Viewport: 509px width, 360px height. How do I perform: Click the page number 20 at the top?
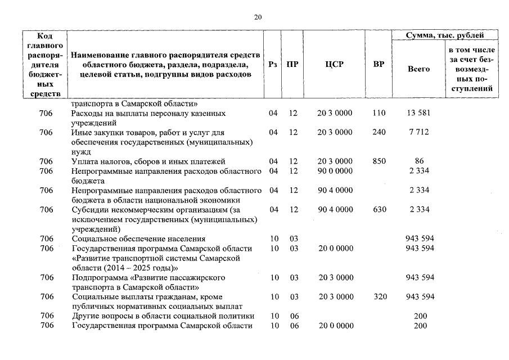pyautogui.click(x=258, y=17)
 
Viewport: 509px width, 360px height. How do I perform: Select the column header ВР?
pyautogui.click(x=379, y=64)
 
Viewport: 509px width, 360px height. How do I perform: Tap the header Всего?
pyautogui.click(x=418, y=69)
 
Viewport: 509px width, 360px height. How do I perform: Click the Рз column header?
pyautogui.click(x=273, y=64)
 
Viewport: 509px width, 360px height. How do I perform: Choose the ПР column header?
pyautogui.click(x=292, y=64)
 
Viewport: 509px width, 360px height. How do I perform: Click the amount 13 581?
pyautogui.click(x=418, y=113)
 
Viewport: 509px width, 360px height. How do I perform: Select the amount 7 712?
pyautogui.click(x=418, y=132)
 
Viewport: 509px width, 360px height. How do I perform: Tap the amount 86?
pyautogui.click(x=418, y=161)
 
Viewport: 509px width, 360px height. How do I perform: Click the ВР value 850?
pyautogui.click(x=379, y=161)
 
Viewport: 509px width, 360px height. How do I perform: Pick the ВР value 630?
pyautogui.click(x=379, y=210)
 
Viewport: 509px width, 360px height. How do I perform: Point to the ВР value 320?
pyautogui.click(x=379, y=296)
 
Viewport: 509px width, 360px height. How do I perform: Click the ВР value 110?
pyautogui.click(x=379, y=113)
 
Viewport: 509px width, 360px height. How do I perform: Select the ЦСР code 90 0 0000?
pyautogui.click(x=335, y=171)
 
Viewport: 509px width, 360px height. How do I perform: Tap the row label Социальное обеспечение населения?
pyautogui.click(x=139, y=238)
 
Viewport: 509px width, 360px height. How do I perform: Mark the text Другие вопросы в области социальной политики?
pyautogui.click(x=163, y=316)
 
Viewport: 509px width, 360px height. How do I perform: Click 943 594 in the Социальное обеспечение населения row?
pyautogui.click(x=420, y=238)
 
